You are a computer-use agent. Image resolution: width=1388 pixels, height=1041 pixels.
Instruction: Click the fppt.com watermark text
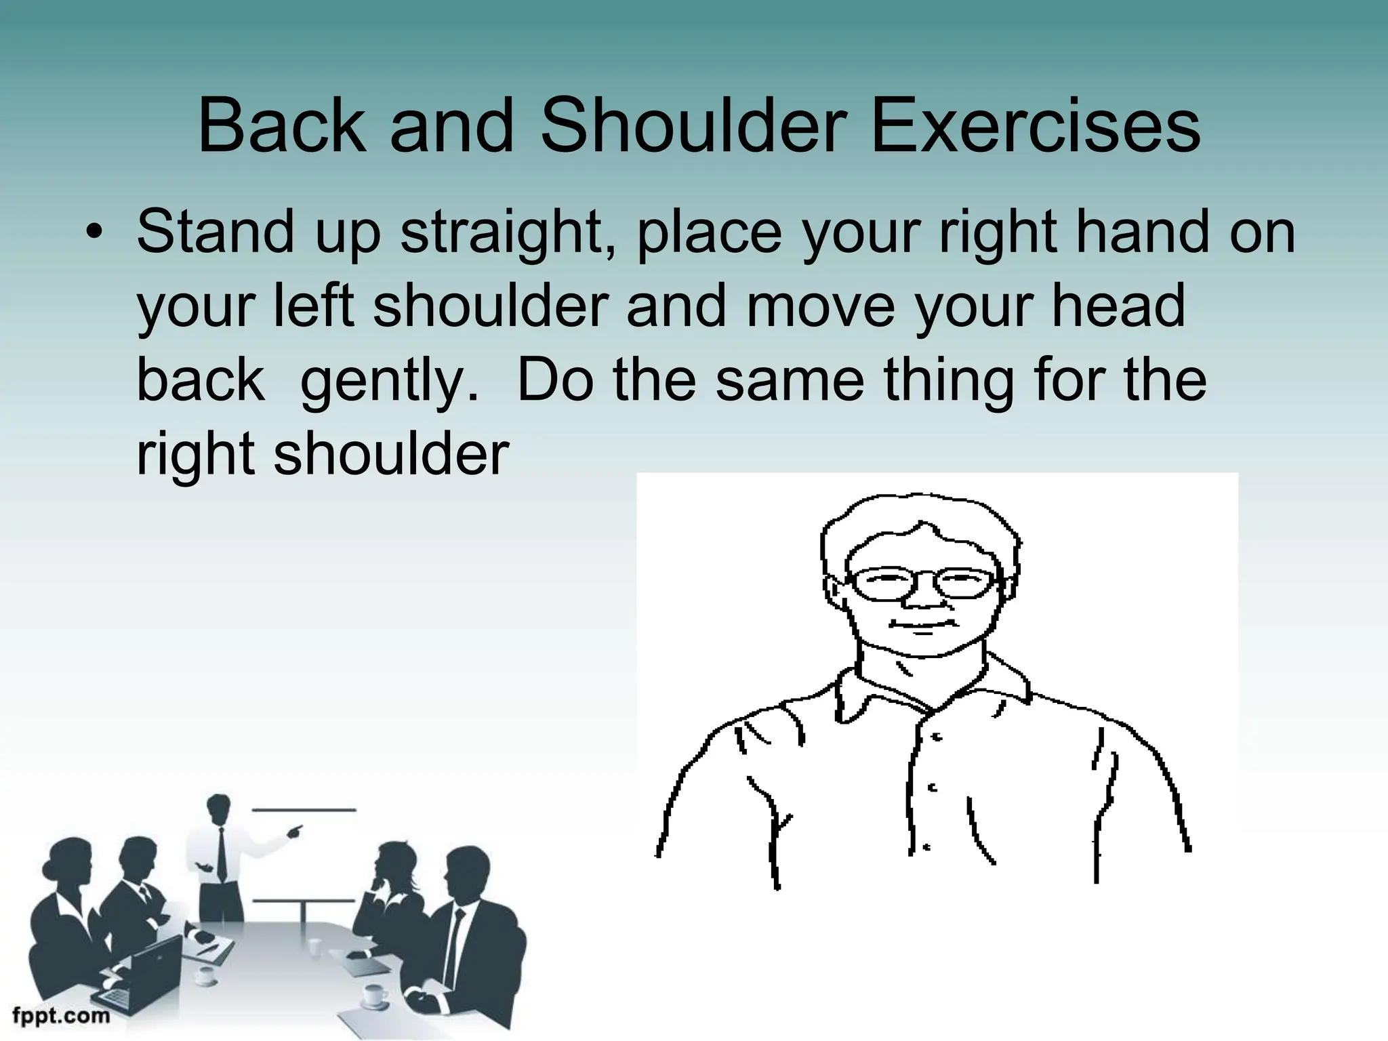[x=61, y=1015]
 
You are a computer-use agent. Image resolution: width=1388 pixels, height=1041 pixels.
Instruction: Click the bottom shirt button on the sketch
[x=926, y=847]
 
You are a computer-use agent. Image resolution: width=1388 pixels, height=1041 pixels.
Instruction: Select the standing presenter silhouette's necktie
[x=222, y=854]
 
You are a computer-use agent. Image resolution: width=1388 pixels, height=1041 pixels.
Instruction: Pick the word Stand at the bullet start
[x=216, y=231]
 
